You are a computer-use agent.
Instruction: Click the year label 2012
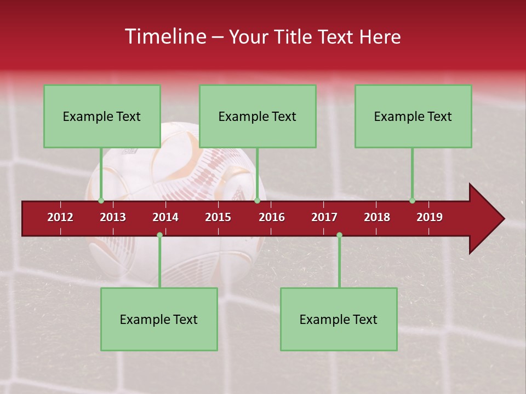[x=60, y=217]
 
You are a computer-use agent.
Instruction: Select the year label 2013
[x=113, y=217]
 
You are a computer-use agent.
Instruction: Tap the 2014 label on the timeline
[x=165, y=217]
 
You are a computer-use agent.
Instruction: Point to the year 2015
[x=218, y=217]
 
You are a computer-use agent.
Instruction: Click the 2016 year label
[x=272, y=217]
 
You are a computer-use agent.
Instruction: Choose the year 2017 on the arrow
[x=324, y=217]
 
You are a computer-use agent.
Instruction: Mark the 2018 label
[x=377, y=217]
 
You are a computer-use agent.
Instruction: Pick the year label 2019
[x=430, y=217]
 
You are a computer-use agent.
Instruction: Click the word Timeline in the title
[x=164, y=37]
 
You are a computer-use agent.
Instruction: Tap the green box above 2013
[x=102, y=116]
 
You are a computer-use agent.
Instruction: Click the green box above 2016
[x=258, y=116]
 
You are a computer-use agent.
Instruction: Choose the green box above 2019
[x=413, y=116]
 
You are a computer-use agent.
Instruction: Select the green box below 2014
[x=159, y=319]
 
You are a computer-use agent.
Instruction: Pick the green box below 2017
[x=339, y=319]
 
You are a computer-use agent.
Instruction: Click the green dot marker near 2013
[x=101, y=200]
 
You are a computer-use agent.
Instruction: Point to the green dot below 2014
[x=159, y=235]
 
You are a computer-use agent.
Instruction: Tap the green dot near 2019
[x=412, y=200]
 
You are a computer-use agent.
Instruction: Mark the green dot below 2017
[x=339, y=235]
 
